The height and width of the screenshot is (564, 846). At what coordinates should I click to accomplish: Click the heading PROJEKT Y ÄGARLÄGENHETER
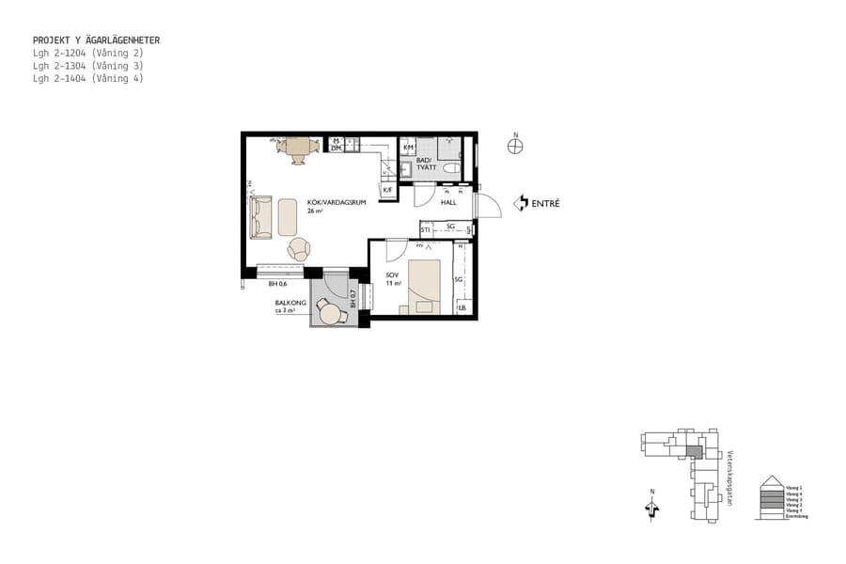tap(96, 40)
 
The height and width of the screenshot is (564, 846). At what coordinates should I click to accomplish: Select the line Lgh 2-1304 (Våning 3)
tap(88, 66)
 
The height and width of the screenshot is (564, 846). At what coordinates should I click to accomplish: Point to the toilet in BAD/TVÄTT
tap(451, 169)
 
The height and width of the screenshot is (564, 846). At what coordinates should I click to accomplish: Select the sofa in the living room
tap(260, 216)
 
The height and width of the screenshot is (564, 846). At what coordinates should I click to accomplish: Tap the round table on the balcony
tap(330, 313)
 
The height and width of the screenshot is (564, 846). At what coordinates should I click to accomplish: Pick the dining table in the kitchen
tap(299, 148)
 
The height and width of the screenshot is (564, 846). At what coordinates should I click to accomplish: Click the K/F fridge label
tap(387, 190)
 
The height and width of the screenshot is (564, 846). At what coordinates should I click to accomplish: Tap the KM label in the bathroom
tap(408, 149)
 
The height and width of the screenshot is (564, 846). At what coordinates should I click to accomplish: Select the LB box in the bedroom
tap(462, 308)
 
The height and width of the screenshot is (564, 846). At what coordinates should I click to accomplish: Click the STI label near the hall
tap(426, 228)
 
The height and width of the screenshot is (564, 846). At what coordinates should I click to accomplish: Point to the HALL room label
tap(448, 202)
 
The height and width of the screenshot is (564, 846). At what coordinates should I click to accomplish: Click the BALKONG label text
tap(290, 303)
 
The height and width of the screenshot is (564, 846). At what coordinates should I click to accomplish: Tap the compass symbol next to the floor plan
tap(514, 146)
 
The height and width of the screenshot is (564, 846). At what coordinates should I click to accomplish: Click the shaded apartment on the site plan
tap(694, 451)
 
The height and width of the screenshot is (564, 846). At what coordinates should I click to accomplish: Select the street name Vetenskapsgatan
tap(729, 478)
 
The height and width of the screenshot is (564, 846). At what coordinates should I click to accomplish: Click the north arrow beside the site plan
tap(652, 508)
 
